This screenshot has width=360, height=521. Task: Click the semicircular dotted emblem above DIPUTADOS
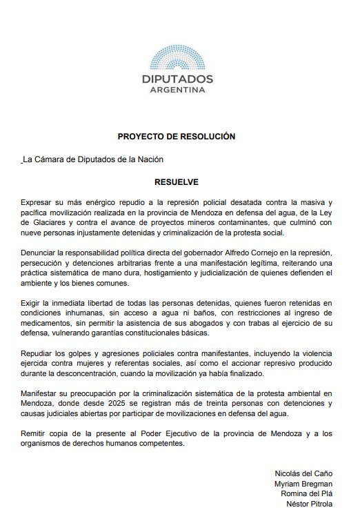[x=177, y=57]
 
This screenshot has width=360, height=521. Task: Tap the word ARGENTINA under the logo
[x=177, y=90]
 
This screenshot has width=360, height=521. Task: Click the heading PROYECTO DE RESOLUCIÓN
[x=177, y=137]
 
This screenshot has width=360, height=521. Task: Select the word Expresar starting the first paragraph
[x=38, y=201]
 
